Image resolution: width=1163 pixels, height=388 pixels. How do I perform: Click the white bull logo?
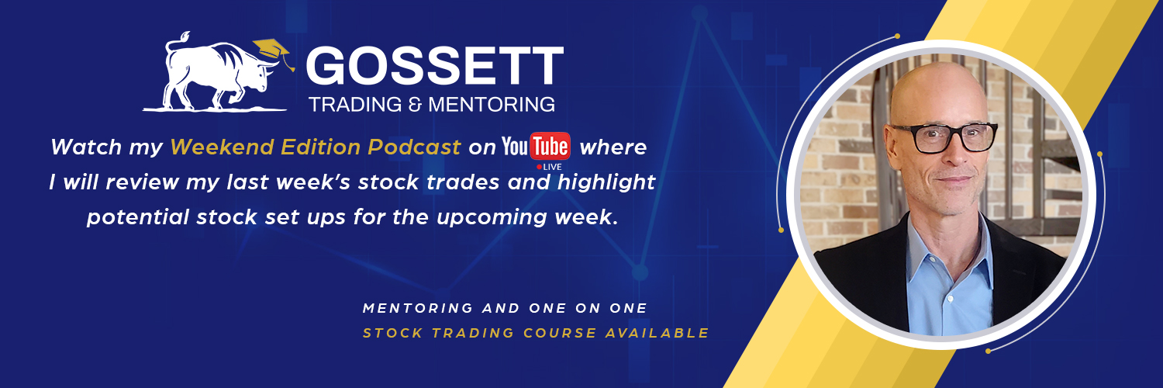click(217, 74)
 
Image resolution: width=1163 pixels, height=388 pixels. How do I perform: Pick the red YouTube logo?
click(536, 146)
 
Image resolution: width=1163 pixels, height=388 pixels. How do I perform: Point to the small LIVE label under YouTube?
click(552, 166)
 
